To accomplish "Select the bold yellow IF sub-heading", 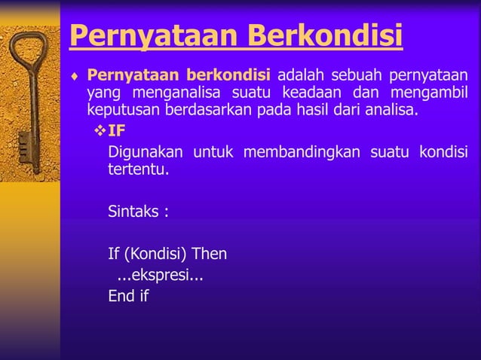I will (x=117, y=130).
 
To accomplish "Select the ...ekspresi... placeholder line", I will (x=159, y=275).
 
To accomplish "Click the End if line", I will (x=128, y=296).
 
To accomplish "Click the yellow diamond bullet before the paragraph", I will (x=75, y=76).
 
